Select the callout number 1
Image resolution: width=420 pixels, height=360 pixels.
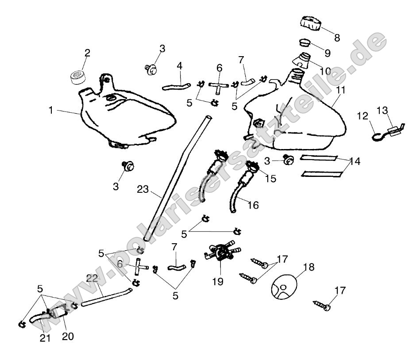(x=51, y=110)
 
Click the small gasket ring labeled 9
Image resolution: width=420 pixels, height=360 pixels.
(x=304, y=43)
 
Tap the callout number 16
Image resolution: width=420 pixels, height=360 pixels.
(x=253, y=205)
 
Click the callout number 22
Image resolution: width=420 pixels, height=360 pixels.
(x=92, y=278)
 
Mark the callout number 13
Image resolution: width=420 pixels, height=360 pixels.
(x=381, y=110)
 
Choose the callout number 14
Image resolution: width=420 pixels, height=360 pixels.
(x=354, y=161)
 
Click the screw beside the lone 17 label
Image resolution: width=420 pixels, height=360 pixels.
(x=322, y=306)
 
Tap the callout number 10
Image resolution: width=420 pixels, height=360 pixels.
(x=325, y=70)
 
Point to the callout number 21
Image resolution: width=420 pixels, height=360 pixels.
(x=45, y=338)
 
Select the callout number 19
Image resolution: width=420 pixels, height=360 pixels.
(x=218, y=281)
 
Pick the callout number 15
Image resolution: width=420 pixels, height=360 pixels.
(x=270, y=179)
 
